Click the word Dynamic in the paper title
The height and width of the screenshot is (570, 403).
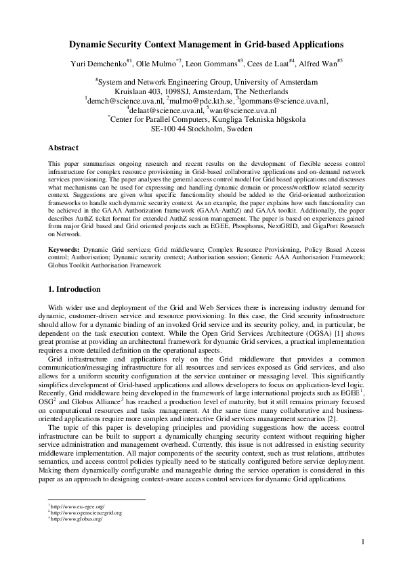(x=91, y=45)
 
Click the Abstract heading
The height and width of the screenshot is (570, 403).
(x=64, y=147)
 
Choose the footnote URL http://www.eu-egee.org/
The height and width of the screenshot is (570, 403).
(x=77, y=506)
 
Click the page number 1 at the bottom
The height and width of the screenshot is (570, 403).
(x=364, y=542)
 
